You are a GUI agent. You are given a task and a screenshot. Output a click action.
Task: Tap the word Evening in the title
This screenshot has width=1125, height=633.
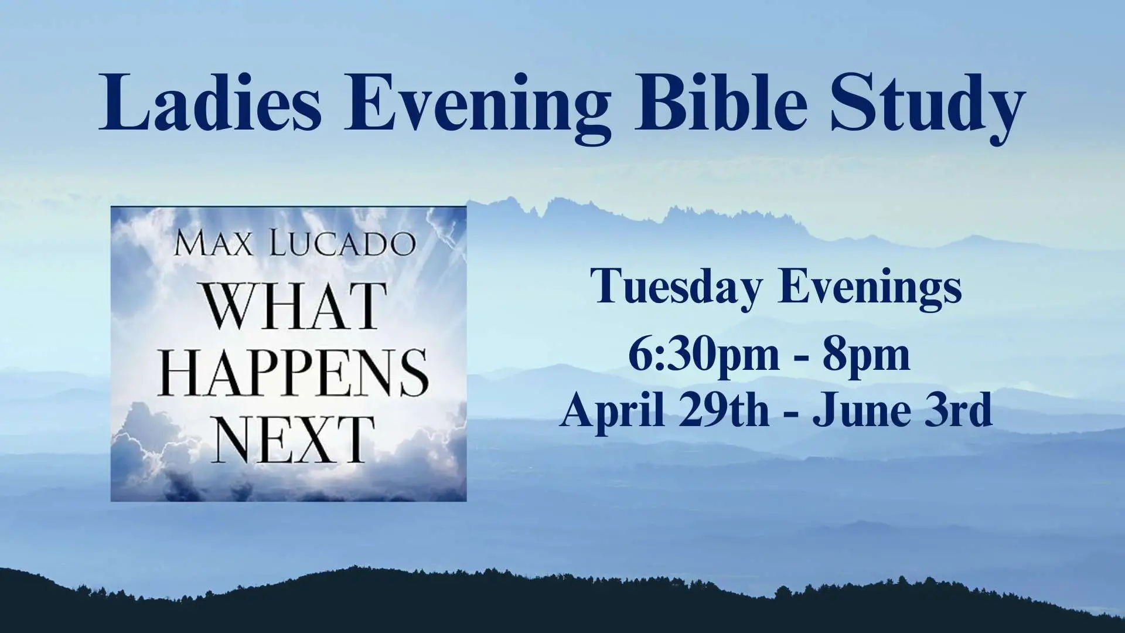tap(477, 108)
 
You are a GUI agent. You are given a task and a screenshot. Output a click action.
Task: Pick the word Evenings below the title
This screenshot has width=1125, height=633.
tap(871, 288)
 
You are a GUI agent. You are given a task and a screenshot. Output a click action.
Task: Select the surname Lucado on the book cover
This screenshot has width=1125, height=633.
tap(343, 243)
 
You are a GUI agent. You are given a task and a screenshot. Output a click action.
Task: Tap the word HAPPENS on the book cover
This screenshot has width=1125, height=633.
tap(293, 372)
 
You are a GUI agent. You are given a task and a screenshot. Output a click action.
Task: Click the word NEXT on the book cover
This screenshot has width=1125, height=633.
tap(293, 439)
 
